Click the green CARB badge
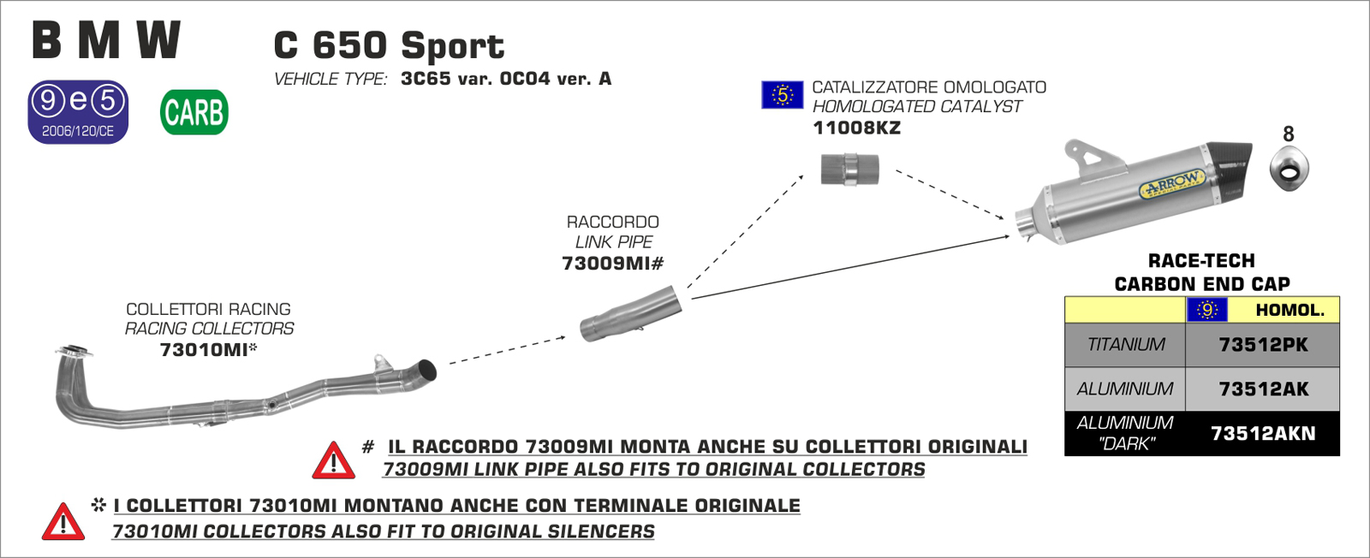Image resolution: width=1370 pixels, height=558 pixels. [x=194, y=112]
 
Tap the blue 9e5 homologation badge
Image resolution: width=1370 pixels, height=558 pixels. [x=78, y=111]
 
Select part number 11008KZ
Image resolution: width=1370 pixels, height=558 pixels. [x=856, y=128]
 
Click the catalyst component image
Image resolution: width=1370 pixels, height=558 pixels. [x=849, y=169]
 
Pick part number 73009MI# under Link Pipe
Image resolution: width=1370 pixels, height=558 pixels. [x=612, y=264]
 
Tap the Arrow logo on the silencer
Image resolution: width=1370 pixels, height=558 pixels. [x=1172, y=184]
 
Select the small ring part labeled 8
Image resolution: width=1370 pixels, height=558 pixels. [x=1289, y=168]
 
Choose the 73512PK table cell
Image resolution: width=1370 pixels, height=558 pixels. [x=1263, y=345]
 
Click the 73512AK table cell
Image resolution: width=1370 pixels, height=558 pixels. [x=1263, y=389]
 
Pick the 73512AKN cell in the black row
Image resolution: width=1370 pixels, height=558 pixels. [x=1263, y=434]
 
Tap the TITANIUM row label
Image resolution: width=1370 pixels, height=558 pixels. [x=1125, y=345]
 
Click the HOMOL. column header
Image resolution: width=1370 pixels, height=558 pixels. [x=1289, y=310]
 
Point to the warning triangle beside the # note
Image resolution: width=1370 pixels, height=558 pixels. [x=333, y=461]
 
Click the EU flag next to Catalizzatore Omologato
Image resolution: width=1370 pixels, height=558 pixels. [x=782, y=94]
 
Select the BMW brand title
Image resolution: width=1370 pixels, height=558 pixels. [x=106, y=40]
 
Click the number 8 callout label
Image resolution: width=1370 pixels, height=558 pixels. [x=1288, y=134]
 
